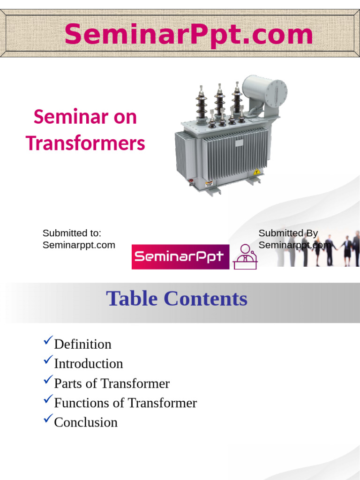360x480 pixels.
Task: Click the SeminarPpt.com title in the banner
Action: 188,34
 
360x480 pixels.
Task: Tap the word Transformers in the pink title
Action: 85,143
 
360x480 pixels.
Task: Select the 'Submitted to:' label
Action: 72,233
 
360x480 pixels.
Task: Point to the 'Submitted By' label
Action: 288,233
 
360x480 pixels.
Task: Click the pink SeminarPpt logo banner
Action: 180,256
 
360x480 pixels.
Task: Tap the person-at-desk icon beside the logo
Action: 245,257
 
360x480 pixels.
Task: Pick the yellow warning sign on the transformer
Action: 256,172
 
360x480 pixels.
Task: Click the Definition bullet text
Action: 83,344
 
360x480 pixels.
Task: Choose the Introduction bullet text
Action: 89,364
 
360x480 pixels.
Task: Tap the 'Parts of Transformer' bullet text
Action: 112,383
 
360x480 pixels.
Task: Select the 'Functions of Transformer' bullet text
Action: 126,403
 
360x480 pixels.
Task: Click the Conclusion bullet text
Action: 86,422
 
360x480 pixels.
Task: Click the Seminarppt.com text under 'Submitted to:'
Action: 79,245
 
